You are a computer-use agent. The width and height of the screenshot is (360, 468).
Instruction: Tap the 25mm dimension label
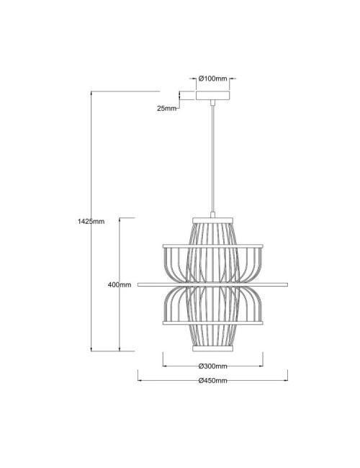pyautogui.click(x=166, y=108)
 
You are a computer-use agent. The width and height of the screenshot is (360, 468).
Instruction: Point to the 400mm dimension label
pyautogui.click(x=119, y=285)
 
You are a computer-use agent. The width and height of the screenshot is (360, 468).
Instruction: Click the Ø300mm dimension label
pyautogui.click(x=212, y=364)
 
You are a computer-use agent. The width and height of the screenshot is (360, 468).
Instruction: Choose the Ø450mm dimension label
pyautogui.click(x=212, y=380)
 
